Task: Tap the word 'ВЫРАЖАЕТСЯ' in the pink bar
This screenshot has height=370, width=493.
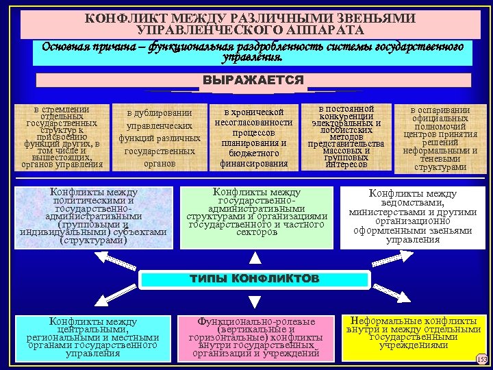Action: coord(253,80)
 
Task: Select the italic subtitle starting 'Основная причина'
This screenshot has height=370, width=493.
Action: coord(253,52)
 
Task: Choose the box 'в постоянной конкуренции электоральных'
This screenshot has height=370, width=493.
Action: coord(346,137)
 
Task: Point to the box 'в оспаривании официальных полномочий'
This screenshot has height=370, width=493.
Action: coord(440,138)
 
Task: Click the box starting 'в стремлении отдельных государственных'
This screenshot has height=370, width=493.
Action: coord(62,137)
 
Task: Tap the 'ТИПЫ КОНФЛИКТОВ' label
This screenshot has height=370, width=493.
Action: coord(254,279)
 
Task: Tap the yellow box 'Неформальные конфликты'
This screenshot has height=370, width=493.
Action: coord(413,336)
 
